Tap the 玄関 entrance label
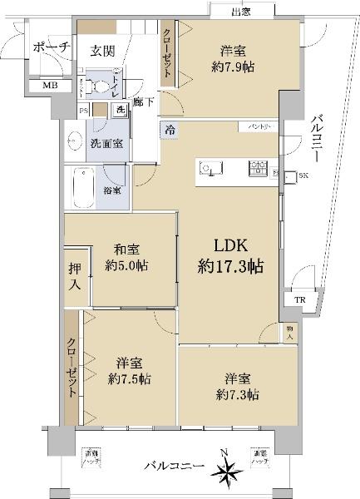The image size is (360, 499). (102, 51)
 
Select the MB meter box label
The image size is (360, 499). (40, 85)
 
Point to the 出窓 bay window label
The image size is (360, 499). (241, 11)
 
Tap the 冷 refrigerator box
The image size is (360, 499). (170, 129)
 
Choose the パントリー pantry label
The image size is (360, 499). (253, 126)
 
